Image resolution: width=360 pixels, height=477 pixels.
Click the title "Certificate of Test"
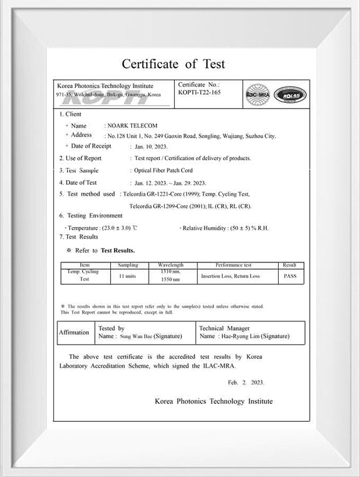tap(173, 64)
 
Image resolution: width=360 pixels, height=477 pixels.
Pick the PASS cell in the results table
tap(289, 276)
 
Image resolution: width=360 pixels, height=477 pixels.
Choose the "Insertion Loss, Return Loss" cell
tap(230, 276)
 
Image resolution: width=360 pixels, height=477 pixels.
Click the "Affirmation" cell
tap(75, 333)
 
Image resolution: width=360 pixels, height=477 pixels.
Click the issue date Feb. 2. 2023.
tap(246, 383)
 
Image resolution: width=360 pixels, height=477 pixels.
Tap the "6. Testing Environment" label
tap(91, 216)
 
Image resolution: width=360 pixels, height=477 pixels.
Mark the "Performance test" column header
tap(233, 266)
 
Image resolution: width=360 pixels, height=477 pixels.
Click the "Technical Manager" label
tap(225, 328)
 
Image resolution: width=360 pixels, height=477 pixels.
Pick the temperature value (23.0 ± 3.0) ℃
tap(119, 228)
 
